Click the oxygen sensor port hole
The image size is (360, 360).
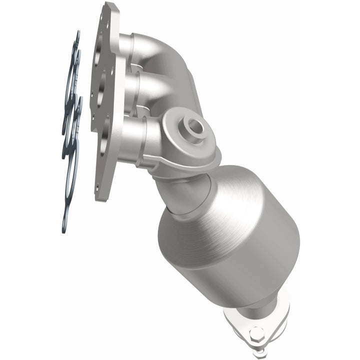pyautogui.click(x=195, y=126)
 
